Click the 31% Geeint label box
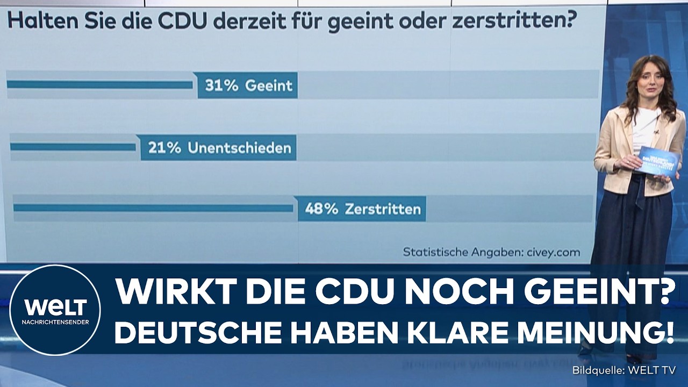[x=247, y=85]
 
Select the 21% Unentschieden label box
[x=218, y=148]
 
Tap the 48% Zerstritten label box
[x=362, y=209]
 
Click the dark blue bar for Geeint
[x=99, y=85]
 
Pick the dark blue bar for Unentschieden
[x=73, y=147]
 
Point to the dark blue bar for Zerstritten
[x=153, y=208]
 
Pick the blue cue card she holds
[x=657, y=160]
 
